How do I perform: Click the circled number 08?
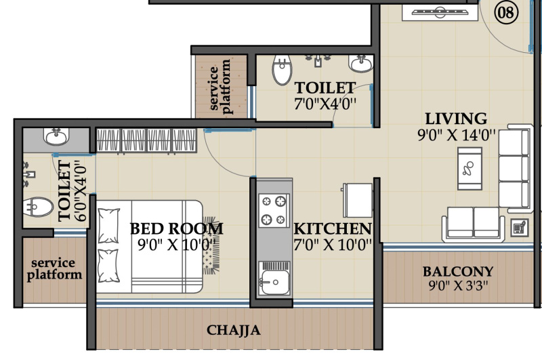click(x=506, y=13)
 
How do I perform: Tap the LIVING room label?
click(x=456, y=119)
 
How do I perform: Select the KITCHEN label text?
click(x=333, y=228)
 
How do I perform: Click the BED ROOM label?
click(x=176, y=228)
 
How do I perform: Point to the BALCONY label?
click(x=458, y=271)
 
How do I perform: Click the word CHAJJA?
click(x=233, y=330)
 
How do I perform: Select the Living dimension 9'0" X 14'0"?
click(x=456, y=134)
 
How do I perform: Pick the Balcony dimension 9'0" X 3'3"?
click(x=459, y=285)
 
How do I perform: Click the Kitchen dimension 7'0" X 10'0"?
click(x=333, y=245)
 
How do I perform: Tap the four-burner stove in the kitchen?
click(x=274, y=210)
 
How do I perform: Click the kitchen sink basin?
click(x=275, y=282)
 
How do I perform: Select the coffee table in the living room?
click(x=470, y=169)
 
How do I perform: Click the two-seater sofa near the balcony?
click(x=473, y=224)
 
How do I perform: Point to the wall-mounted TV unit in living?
click(x=440, y=12)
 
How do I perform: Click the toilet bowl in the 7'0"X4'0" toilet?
click(x=282, y=70)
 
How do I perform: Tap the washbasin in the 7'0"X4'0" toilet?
click(x=361, y=64)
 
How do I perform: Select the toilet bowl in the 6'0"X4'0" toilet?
click(x=38, y=207)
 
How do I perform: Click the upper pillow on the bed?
click(x=108, y=226)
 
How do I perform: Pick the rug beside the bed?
click(x=211, y=245)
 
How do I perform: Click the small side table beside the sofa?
click(x=520, y=228)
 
